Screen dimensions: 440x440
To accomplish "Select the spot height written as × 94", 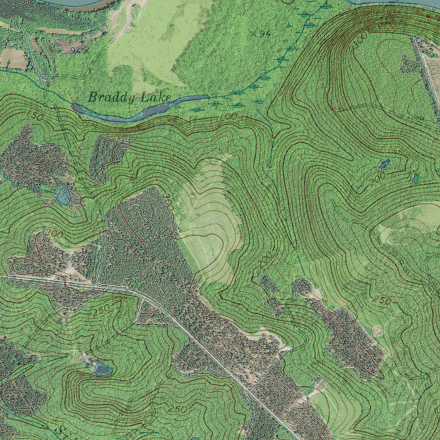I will click(x=260, y=33).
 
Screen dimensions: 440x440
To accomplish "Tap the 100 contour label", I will click(x=228, y=117).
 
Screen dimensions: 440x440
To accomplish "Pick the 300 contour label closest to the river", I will click(x=360, y=40).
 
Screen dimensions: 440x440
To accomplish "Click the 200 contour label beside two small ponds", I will click(x=377, y=179).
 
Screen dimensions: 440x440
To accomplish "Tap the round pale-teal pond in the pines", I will click(x=64, y=196).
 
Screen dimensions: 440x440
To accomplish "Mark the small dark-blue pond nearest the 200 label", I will click(x=384, y=164).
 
